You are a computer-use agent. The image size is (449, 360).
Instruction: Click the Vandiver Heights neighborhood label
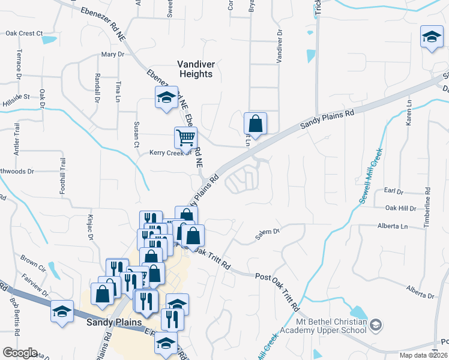(195, 68)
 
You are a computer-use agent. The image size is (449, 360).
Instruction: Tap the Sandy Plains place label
(113, 322)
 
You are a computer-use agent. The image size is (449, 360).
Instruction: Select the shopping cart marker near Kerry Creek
(185, 137)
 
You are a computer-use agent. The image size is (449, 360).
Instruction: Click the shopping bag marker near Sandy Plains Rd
(255, 124)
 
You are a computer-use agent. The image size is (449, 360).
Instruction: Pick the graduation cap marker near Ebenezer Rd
(166, 98)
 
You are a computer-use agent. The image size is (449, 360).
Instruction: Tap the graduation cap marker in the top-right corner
(432, 38)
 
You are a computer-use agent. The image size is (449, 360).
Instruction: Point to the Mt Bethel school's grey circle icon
(375, 325)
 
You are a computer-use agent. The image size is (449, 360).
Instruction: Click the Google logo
(19, 353)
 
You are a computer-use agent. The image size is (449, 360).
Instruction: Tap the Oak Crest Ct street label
(24, 34)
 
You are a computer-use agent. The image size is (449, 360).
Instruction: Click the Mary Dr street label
(112, 54)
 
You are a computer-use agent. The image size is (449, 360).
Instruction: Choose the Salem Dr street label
(268, 232)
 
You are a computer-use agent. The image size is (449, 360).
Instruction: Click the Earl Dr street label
(394, 191)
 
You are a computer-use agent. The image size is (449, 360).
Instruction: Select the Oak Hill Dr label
(400, 208)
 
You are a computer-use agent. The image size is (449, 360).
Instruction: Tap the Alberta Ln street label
(392, 226)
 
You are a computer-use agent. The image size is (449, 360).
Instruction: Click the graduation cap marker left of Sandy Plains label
(62, 311)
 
